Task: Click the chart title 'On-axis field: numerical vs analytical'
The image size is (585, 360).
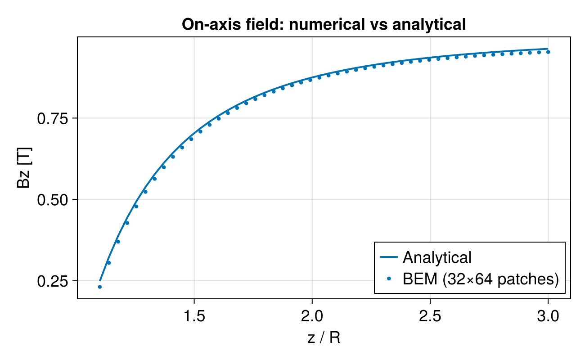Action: tap(324, 25)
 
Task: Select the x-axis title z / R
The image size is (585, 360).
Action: tap(324, 337)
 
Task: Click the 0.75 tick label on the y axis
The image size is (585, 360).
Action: tap(52, 118)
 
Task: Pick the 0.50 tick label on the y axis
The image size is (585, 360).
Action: tap(52, 199)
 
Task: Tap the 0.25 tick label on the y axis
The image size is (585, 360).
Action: tap(52, 281)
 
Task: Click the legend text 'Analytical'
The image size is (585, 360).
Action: tap(437, 257)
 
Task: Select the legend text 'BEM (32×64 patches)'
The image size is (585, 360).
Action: tap(480, 279)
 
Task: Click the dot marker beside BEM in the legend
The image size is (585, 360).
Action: tap(389, 279)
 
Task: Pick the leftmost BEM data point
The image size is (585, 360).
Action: tap(99, 287)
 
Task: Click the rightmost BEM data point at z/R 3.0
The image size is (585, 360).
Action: tap(548, 52)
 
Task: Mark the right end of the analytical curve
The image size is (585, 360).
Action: tap(548, 49)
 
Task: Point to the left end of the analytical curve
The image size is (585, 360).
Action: tap(100, 280)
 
